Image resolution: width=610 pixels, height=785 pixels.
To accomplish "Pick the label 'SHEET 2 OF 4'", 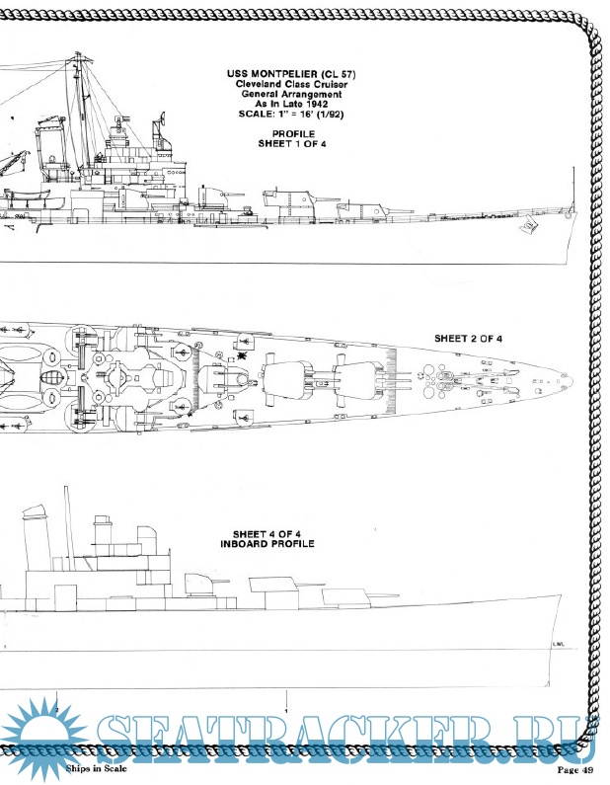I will (469, 338).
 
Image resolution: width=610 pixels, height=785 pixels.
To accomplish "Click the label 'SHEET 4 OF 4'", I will (267, 533).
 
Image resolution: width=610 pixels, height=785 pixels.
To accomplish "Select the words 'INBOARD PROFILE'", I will (267, 544).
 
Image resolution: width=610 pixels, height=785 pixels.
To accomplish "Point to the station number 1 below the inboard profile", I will (285, 711).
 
